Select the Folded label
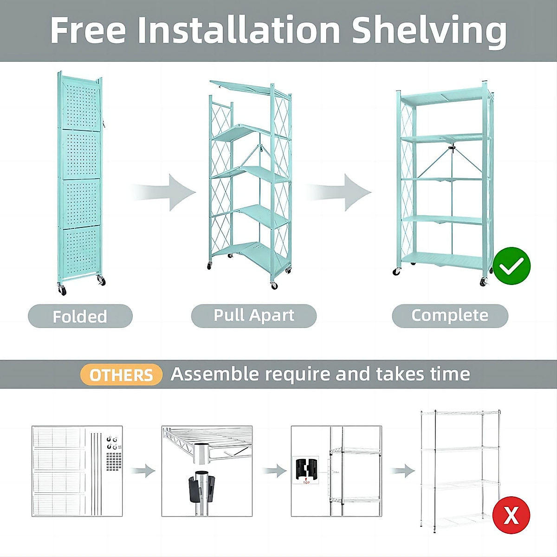(x=80, y=316)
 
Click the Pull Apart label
(x=253, y=316)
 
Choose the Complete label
(x=450, y=316)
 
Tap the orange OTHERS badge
(x=121, y=375)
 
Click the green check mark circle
(x=511, y=266)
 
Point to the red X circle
(x=511, y=515)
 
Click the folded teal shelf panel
(x=80, y=181)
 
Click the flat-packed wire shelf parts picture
(x=77, y=471)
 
